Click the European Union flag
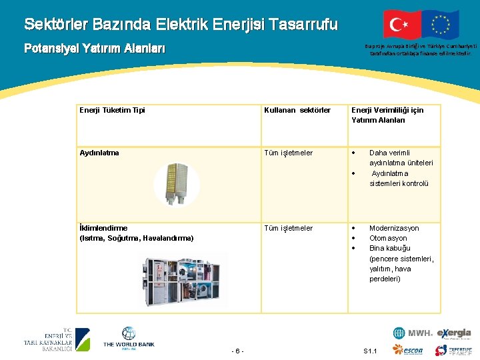coord(440,24)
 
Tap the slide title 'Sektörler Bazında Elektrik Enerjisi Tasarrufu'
coord(181,25)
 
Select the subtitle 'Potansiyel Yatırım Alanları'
coord(94,49)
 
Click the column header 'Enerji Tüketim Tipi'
coord(112,110)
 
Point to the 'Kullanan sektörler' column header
coord(297,110)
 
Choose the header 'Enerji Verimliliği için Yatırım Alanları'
coord(387,115)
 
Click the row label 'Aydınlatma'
coord(99,153)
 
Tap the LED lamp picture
coord(176,183)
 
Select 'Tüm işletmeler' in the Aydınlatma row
coord(288,153)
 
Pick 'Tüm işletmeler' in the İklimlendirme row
coord(288,228)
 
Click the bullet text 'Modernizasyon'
coord(394,228)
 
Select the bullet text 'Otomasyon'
coord(388,238)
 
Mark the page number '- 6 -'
coord(238,351)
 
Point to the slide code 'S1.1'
coord(371,351)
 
